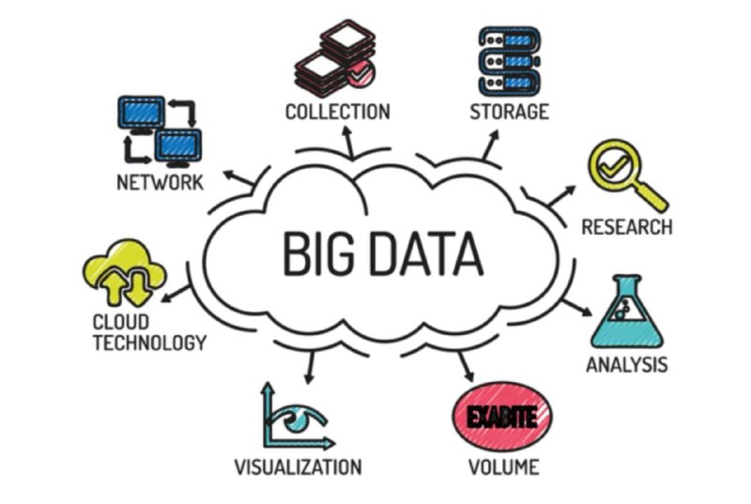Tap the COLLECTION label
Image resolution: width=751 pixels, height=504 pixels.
point(338,112)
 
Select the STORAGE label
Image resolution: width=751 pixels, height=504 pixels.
point(509,112)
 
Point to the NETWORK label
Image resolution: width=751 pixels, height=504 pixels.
point(160,182)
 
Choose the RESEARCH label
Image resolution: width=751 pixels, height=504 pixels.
point(626,227)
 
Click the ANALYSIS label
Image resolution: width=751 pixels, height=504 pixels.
point(626,365)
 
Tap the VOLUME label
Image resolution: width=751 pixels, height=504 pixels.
point(503,466)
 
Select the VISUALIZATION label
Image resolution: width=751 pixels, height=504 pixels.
point(298,466)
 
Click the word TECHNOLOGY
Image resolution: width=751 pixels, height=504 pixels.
point(149,343)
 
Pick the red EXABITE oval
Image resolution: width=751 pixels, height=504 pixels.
point(502,417)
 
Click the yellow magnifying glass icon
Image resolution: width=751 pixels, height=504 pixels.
point(627,175)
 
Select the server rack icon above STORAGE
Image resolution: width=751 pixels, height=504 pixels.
point(510,61)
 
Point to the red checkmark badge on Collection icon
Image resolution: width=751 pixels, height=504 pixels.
point(360,74)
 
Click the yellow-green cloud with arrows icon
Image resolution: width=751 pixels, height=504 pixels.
point(125,273)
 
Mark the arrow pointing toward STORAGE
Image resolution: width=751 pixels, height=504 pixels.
point(490,145)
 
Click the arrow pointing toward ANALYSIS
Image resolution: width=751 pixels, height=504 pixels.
point(577,308)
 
